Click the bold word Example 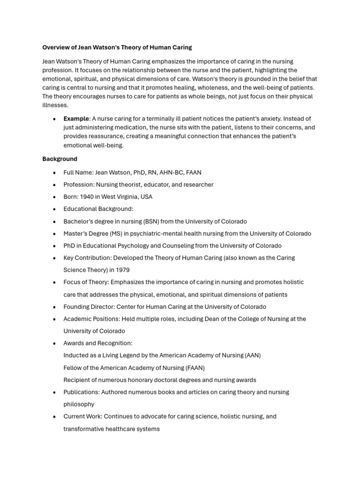pyautogui.click(x=76, y=119)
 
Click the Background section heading pyautogui.click(x=60, y=159)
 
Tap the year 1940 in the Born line pyautogui.click(x=88, y=197)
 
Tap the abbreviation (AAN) pyautogui.click(x=252, y=355)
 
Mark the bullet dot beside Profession pyautogui.click(x=54, y=185)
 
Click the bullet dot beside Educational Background pyautogui.click(x=54, y=209)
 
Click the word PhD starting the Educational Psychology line pyautogui.click(x=69, y=246)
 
